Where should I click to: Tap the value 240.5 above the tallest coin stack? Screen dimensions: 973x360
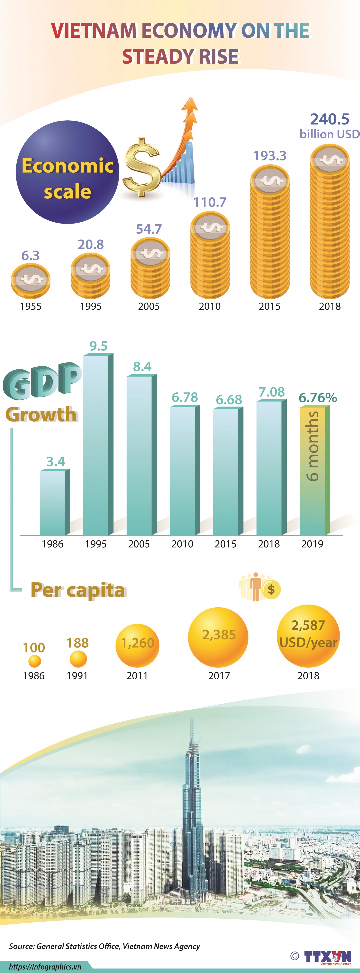point(329,119)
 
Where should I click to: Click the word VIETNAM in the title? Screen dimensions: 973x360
point(94,31)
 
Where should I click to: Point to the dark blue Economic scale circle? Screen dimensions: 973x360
point(67,172)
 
